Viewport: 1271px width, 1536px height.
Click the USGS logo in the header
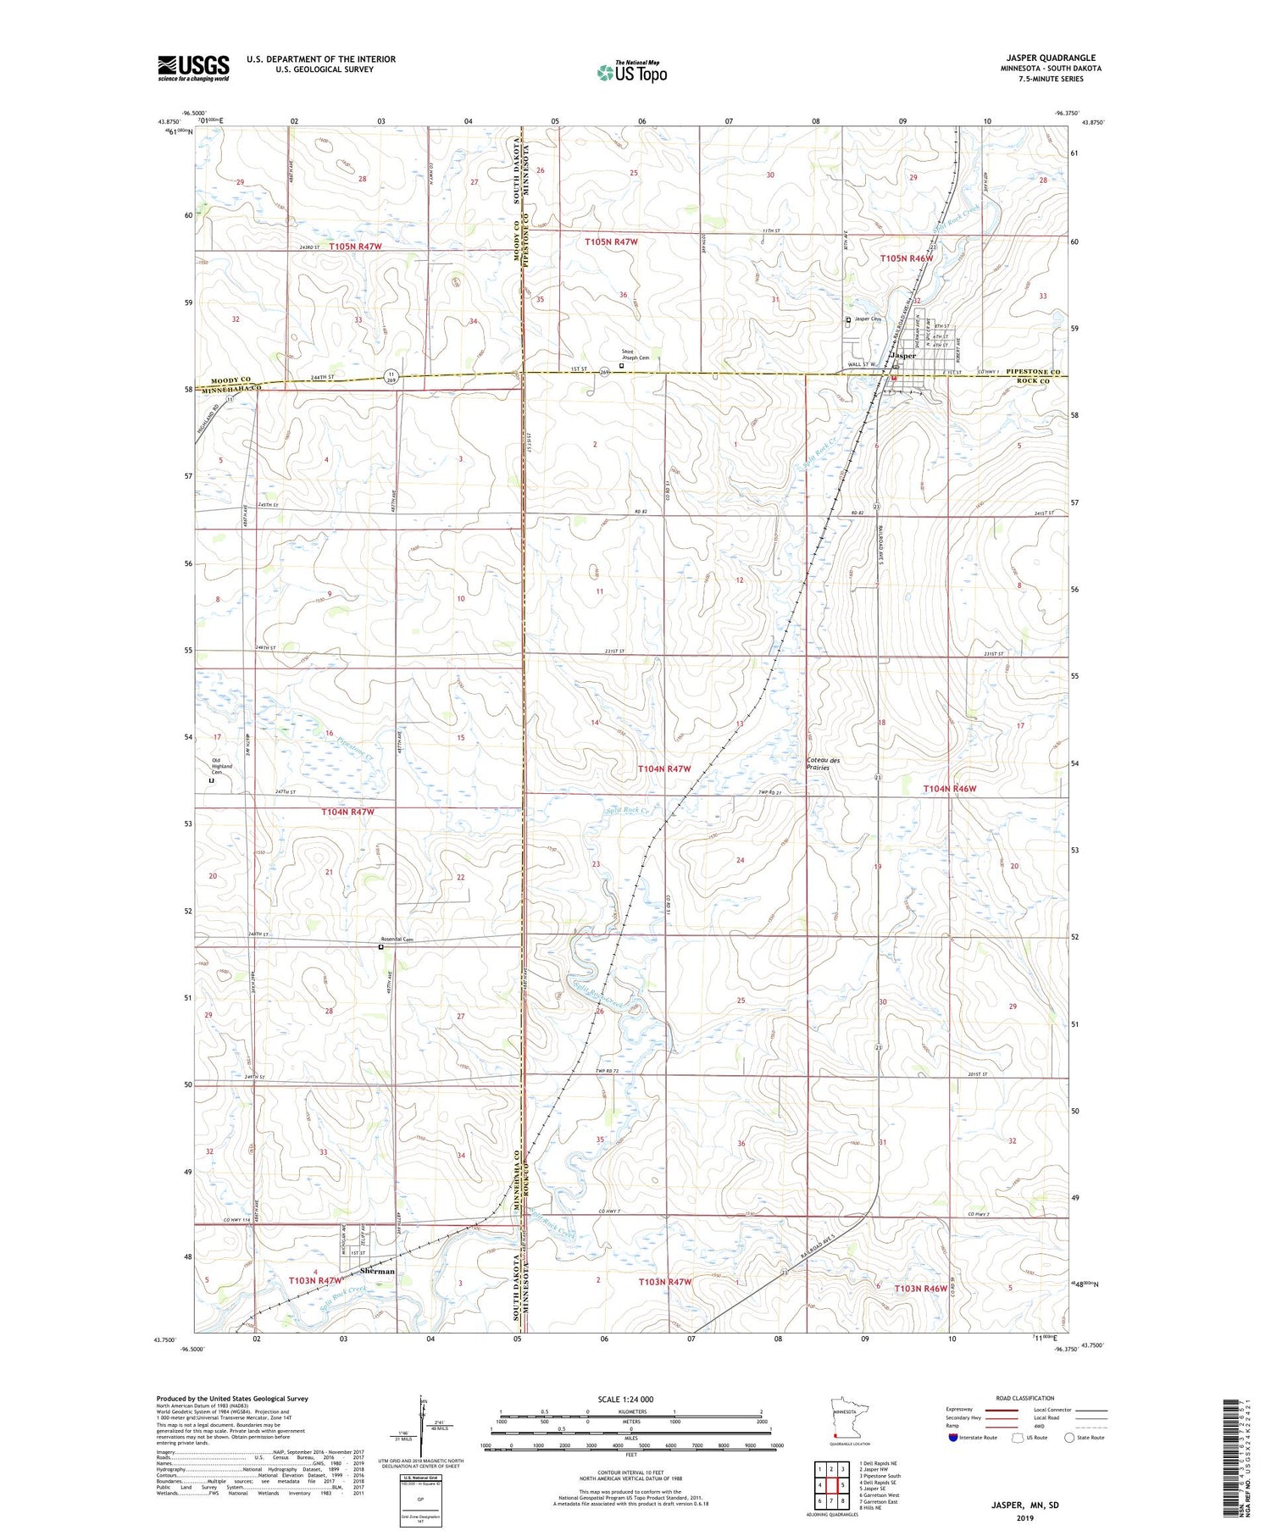coord(193,68)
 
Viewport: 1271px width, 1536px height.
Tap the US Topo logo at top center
coord(631,72)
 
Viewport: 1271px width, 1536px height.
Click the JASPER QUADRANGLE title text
coord(1049,58)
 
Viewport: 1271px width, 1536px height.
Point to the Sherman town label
coord(377,1272)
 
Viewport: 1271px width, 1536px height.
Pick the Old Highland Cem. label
coord(221,766)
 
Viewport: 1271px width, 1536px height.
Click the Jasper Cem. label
coord(868,319)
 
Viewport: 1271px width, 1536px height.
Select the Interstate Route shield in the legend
coord(954,1438)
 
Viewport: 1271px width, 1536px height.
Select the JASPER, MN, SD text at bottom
coord(1025,1505)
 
